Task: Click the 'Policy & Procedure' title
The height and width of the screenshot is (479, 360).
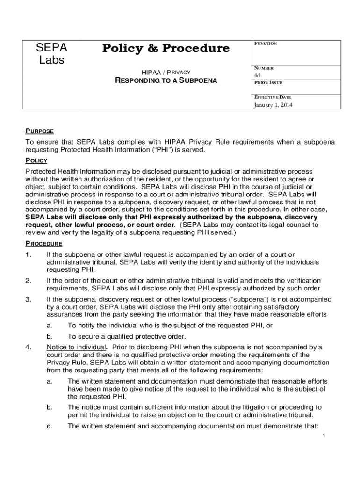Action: tap(166, 49)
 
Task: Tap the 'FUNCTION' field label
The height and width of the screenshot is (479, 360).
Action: tap(266, 44)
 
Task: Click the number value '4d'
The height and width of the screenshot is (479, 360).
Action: tap(257, 75)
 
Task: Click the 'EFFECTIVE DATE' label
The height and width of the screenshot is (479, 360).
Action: tap(272, 97)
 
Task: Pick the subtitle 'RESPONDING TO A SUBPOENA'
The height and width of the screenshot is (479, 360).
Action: tap(166, 80)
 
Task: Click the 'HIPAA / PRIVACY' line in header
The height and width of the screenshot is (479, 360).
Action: tap(166, 72)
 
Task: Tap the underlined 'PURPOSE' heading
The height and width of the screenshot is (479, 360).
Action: tap(39, 131)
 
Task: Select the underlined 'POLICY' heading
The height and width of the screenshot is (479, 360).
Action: tap(36, 160)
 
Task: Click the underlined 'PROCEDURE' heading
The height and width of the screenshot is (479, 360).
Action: tap(43, 244)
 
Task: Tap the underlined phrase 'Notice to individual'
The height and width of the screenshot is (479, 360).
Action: tap(77, 347)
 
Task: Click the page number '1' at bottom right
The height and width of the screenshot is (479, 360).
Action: tap(324, 436)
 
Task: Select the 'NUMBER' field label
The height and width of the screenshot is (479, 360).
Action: tap(264, 68)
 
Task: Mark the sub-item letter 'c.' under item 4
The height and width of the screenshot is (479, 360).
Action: tap(49, 426)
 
